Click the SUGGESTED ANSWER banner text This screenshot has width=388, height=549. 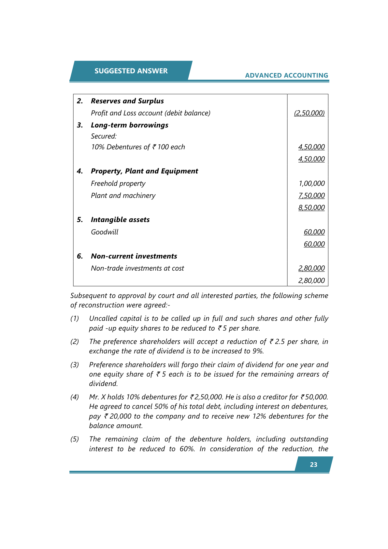tap(131, 71)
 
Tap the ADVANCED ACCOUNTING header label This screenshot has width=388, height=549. tap(286, 75)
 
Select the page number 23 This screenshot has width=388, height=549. tap(313, 465)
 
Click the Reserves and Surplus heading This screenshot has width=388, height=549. tap(127, 101)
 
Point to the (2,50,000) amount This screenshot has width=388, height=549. tap(309, 113)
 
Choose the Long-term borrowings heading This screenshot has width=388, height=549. tap(129, 125)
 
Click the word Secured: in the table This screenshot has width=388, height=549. tap(104, 136)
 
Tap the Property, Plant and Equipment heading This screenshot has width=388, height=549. tap(144, 171)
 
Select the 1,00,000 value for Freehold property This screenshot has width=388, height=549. tap(311, 184)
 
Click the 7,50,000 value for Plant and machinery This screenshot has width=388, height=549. tap(311, 196)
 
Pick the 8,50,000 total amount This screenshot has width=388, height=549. tap(311, 208)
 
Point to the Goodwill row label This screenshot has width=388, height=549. tap(105, 232)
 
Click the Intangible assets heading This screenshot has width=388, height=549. tap(120, 220)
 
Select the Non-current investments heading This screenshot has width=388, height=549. tap(134, 256)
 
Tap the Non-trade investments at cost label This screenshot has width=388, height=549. tap(137, 268)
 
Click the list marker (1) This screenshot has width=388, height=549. tap(75, 319)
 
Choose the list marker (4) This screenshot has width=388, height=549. tap(75, 397)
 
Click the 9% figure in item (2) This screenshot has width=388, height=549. tap(258, 351)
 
